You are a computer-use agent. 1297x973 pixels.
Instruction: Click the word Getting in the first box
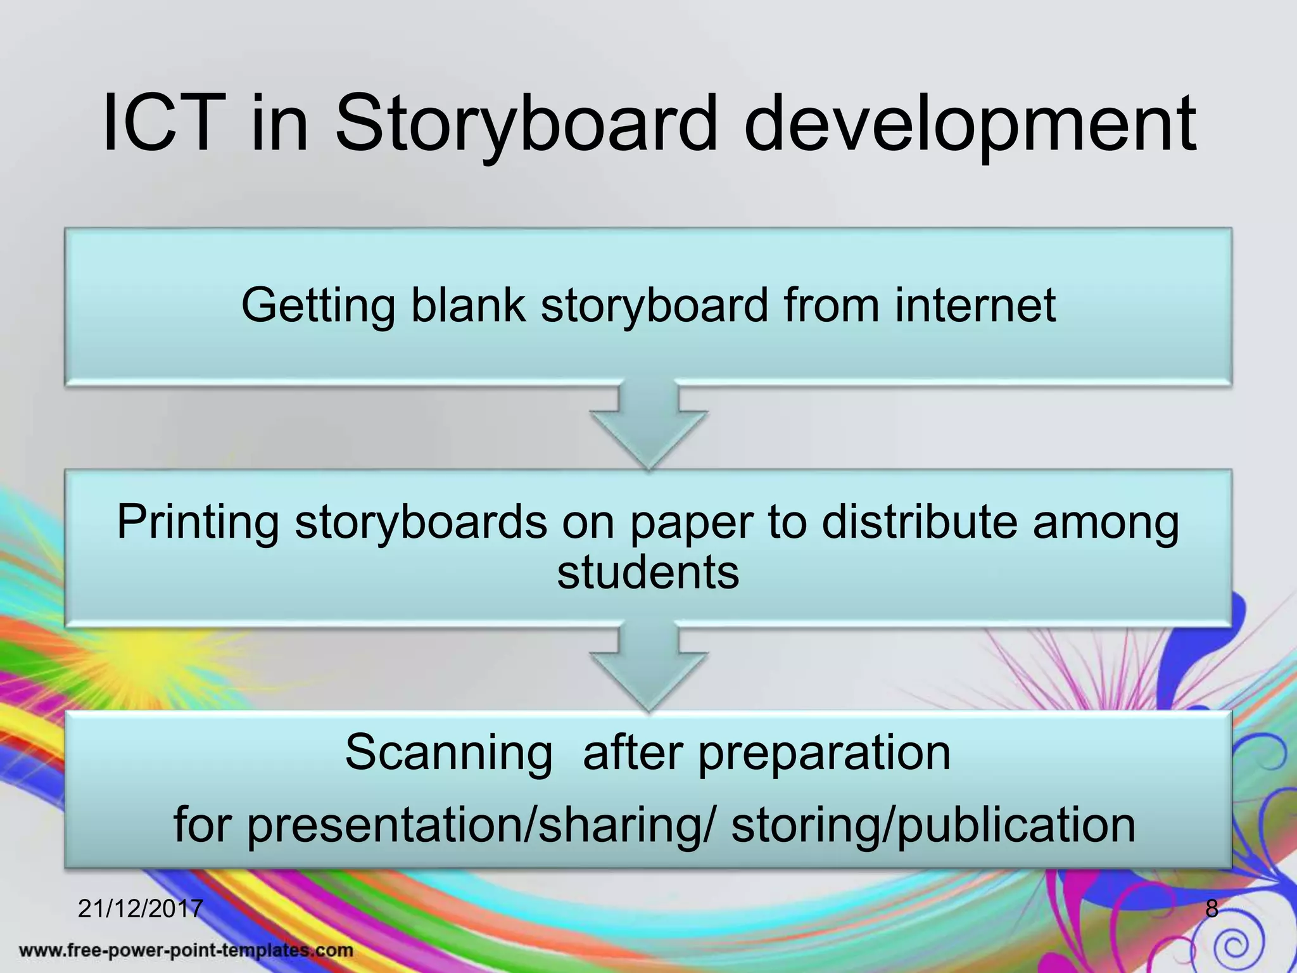318,306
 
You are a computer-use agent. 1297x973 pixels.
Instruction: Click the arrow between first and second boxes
648,426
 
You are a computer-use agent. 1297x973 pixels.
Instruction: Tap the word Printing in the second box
198,523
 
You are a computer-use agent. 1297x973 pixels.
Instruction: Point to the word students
648,572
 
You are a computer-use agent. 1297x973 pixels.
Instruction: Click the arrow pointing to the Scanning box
648,668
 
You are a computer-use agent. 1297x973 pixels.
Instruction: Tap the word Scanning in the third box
448,754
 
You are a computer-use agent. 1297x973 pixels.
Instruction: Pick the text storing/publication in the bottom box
933,825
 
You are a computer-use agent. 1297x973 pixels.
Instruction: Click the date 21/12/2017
140,909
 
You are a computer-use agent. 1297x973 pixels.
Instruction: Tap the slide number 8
1212,909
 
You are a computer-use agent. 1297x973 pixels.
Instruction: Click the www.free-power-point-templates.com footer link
186,950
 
